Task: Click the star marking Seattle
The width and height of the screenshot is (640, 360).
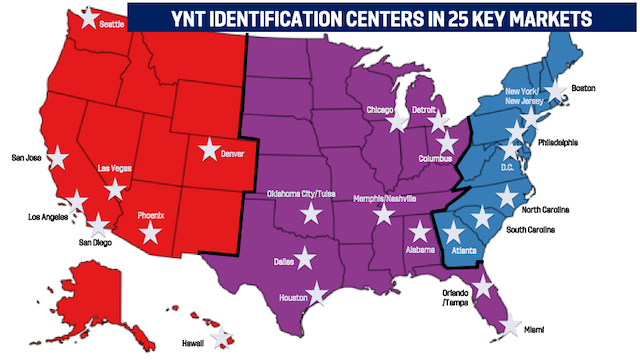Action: click(90, 17)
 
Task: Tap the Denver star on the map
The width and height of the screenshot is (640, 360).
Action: click(209, 150)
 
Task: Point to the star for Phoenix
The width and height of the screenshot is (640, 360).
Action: click(150, 233)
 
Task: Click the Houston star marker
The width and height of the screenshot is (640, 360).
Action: click(316, 293)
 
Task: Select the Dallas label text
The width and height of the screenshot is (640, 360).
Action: click(283, 261)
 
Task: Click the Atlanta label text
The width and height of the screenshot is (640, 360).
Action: click(465, 251)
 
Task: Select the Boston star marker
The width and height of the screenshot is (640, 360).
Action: click(555, 95)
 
